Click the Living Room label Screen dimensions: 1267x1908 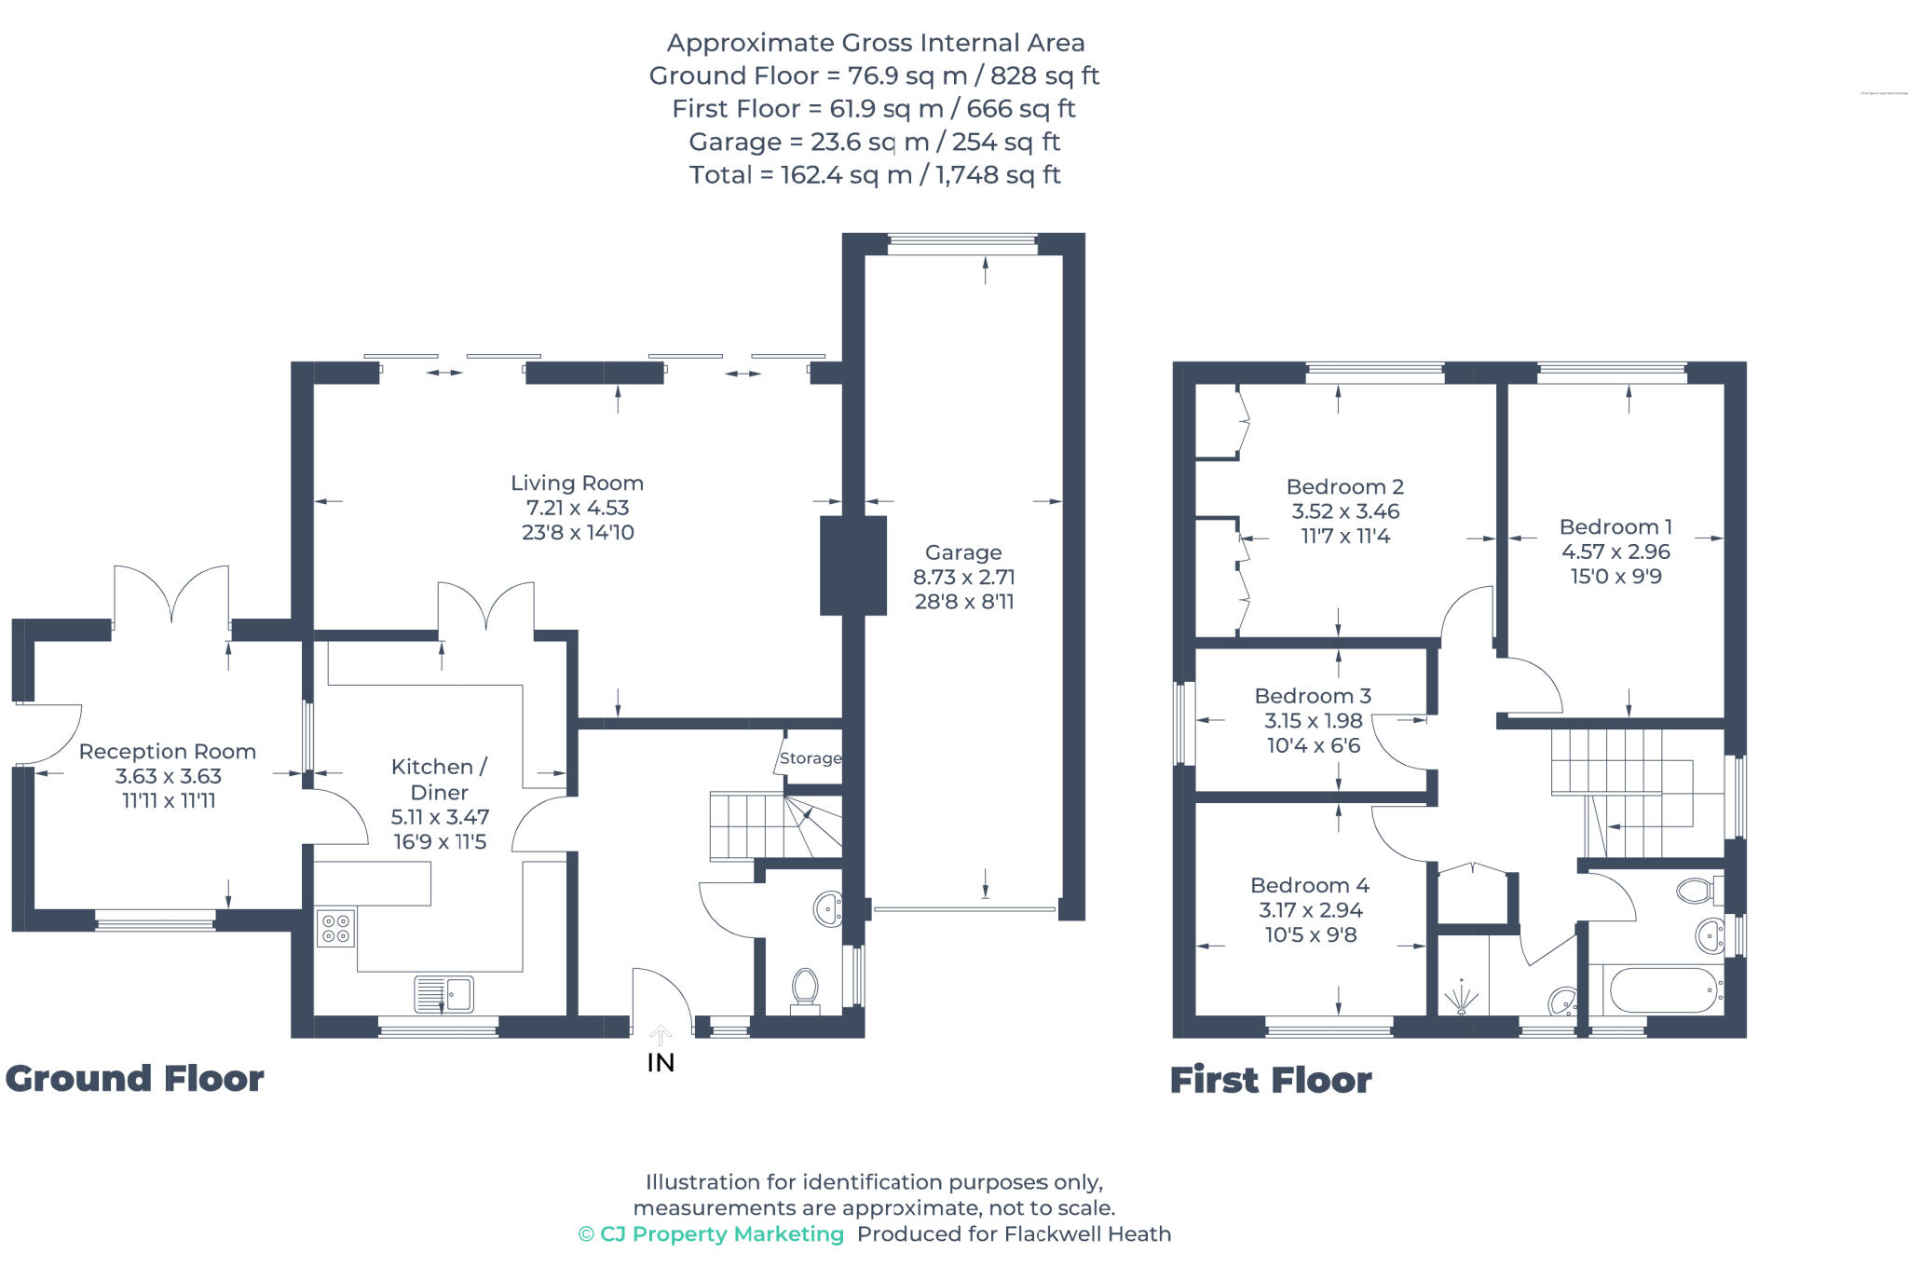tap(577, 483)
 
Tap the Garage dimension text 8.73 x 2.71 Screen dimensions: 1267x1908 tap(963, 577)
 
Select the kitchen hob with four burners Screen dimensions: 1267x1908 tap(335, 928)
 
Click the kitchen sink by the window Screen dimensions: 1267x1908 tap(444, 994)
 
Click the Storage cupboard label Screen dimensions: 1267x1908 tap(810, 758)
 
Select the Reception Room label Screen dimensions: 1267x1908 tap(168, 751)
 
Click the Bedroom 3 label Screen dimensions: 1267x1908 tap(1313, 696)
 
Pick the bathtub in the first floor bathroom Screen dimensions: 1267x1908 tap(1664, 989)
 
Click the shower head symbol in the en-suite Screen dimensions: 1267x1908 tap(1462, 999)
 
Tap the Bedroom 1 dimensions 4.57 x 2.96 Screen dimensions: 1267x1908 tap(1615, 552)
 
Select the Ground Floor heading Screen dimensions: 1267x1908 tap(135, 1079)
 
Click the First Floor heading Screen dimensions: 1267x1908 tap(1270, 1081)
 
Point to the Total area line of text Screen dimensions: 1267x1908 tap(875, 175)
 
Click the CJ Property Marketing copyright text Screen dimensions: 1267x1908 tap(711, 1234)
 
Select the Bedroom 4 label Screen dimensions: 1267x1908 tap(1309, 885)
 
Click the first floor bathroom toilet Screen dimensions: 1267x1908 tap(1697, 891)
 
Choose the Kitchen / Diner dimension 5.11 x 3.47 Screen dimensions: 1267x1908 tap(440, 817)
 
